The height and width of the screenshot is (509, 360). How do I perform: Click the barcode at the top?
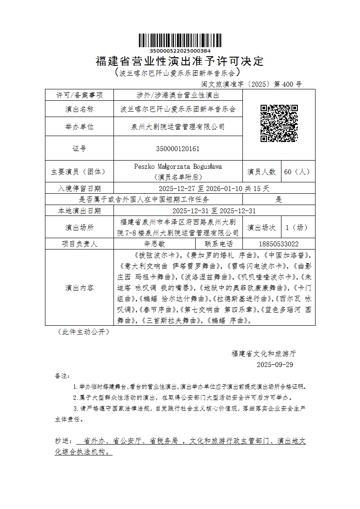point(180,40)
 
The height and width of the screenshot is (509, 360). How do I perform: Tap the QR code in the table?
point(279,123)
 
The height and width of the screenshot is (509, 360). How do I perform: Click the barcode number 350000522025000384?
point(180,51)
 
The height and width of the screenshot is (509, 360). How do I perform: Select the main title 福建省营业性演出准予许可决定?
point(180,61)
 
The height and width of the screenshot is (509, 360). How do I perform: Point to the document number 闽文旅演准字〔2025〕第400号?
point(252,84)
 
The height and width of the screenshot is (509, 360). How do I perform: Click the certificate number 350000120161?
point(178,149)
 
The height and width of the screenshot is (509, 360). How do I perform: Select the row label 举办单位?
point(79,127)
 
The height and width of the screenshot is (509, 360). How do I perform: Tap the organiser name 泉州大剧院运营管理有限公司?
point(178,127)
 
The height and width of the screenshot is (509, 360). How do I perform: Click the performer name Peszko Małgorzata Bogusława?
point(178,166)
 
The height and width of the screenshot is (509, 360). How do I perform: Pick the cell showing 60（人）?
point(297,172)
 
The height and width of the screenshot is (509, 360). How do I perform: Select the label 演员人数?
point(261,172)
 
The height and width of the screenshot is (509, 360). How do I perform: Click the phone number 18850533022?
point(279,244)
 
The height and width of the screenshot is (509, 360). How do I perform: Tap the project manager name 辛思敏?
point(178,244)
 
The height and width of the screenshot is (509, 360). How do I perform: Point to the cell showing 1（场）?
point(297,227)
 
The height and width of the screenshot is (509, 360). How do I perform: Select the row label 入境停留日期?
point(79,188)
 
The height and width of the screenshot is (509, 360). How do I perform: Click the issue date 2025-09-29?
point(275,365)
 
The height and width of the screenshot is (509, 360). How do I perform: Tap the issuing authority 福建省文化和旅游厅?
point(264,353)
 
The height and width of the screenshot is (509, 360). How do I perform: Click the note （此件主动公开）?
point(83,332)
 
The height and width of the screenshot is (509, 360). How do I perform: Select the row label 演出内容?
point(79,288)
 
